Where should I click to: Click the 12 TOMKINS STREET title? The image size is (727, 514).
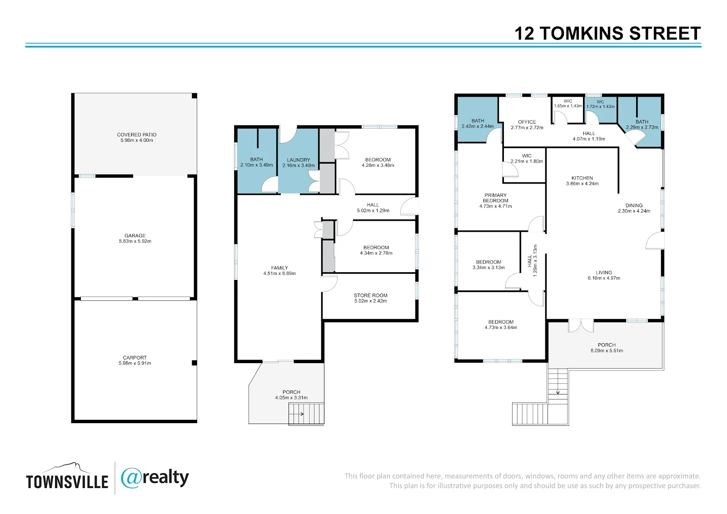(607, 34)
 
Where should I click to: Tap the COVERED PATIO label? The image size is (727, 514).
(137, 135)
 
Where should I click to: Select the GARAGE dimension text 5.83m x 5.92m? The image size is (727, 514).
(135, 241)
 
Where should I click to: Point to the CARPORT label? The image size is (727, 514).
(134, 358)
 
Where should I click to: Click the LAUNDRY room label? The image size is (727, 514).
(299, 160)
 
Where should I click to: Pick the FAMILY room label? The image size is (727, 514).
(279, 268)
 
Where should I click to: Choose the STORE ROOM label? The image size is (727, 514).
(371, 295)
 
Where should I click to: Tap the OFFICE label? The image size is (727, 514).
(527, 122)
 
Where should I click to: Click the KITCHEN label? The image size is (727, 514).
(582, 178)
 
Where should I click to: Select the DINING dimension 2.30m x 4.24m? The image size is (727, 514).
(634, 211)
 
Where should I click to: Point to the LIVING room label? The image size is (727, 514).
(604, 273)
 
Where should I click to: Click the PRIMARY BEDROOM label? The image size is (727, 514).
(496, 198)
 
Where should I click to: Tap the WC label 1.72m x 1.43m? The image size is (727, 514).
(600, 104)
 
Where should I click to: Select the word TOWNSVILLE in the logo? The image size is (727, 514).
(67, 482)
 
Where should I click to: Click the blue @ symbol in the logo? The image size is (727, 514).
(131, 478)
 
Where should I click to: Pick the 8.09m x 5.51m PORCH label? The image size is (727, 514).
(607, 348)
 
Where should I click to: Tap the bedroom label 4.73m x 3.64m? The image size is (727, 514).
(501, 324)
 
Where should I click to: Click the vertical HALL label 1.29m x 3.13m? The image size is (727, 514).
(533, 261)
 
